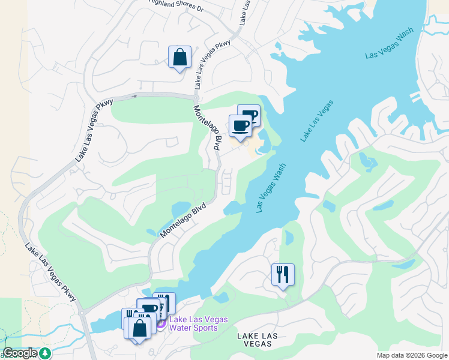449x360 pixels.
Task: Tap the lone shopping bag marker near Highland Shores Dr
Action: pos(179,58)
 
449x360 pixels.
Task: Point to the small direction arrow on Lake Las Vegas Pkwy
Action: pos(135,95)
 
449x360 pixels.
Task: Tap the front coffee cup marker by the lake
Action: pos(240,125)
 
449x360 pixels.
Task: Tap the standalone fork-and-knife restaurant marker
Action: pos(283,275)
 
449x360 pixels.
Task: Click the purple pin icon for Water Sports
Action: pos(161,324)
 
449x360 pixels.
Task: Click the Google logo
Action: pos(19,353)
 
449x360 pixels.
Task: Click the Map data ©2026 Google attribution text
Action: pos(412,355)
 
